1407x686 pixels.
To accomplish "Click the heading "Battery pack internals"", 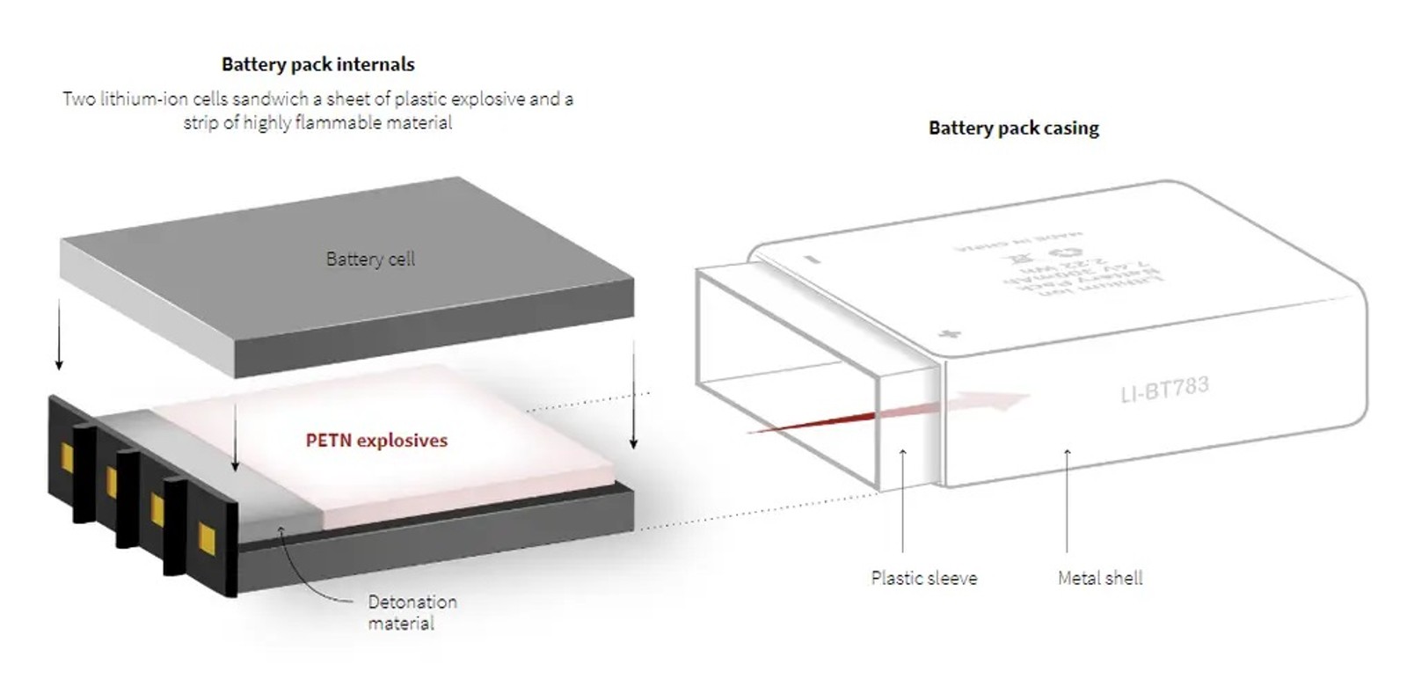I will [x=317, y=64].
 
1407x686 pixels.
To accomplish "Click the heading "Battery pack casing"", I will [x=1013, y=128].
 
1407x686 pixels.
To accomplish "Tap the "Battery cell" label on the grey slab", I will [x=370, y=259].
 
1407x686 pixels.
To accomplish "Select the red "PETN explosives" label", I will [x=376, y=441].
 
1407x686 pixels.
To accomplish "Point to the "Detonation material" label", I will [x=412, y=612].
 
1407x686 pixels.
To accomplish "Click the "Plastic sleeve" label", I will [x=923, y=578].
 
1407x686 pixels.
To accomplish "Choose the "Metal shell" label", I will [x=1100, y=578].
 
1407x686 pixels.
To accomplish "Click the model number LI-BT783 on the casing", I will [x=1164, y=389].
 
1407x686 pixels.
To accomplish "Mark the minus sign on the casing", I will [x=812, y=259].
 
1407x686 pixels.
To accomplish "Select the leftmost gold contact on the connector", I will [x=66, y=456].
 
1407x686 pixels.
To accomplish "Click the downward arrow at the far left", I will [x=59, y=334].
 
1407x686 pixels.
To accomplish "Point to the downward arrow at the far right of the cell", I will [x=633, y=396].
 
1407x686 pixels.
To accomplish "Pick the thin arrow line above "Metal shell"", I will [x=1067, y=501].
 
